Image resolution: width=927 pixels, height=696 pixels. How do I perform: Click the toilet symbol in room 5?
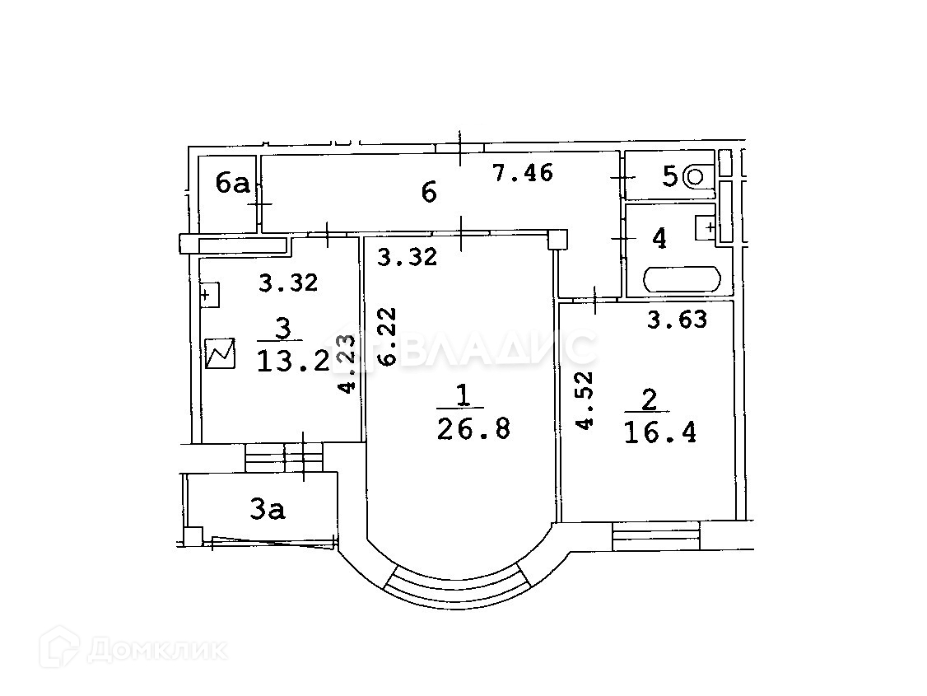pos(696,175)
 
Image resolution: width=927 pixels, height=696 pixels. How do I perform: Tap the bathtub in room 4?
pos(682,279)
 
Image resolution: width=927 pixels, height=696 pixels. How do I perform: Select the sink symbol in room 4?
pos(706,227)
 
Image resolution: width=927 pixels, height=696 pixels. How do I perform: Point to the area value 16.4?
pos(660,432)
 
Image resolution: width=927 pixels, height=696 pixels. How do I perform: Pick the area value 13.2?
pos(294,360)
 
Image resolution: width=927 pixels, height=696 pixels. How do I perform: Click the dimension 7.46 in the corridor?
pos(523,173)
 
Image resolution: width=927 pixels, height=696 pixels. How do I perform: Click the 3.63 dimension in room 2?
pos(677,320)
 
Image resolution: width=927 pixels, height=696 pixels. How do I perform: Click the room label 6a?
pos(232,182)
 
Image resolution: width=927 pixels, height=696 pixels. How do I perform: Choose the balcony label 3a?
pos(268,510)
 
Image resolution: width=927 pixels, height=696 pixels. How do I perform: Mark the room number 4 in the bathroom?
pos(659,239)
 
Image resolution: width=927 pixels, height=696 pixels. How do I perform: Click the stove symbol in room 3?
pos(220,354)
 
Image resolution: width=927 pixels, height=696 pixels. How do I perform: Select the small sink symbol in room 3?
pos(209,294)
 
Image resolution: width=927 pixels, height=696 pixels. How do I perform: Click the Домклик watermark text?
pos(156,651)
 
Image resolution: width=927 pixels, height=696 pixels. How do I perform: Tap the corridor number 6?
pos(429,192)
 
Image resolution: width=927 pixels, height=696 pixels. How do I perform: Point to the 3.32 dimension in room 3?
pos(288,283)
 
